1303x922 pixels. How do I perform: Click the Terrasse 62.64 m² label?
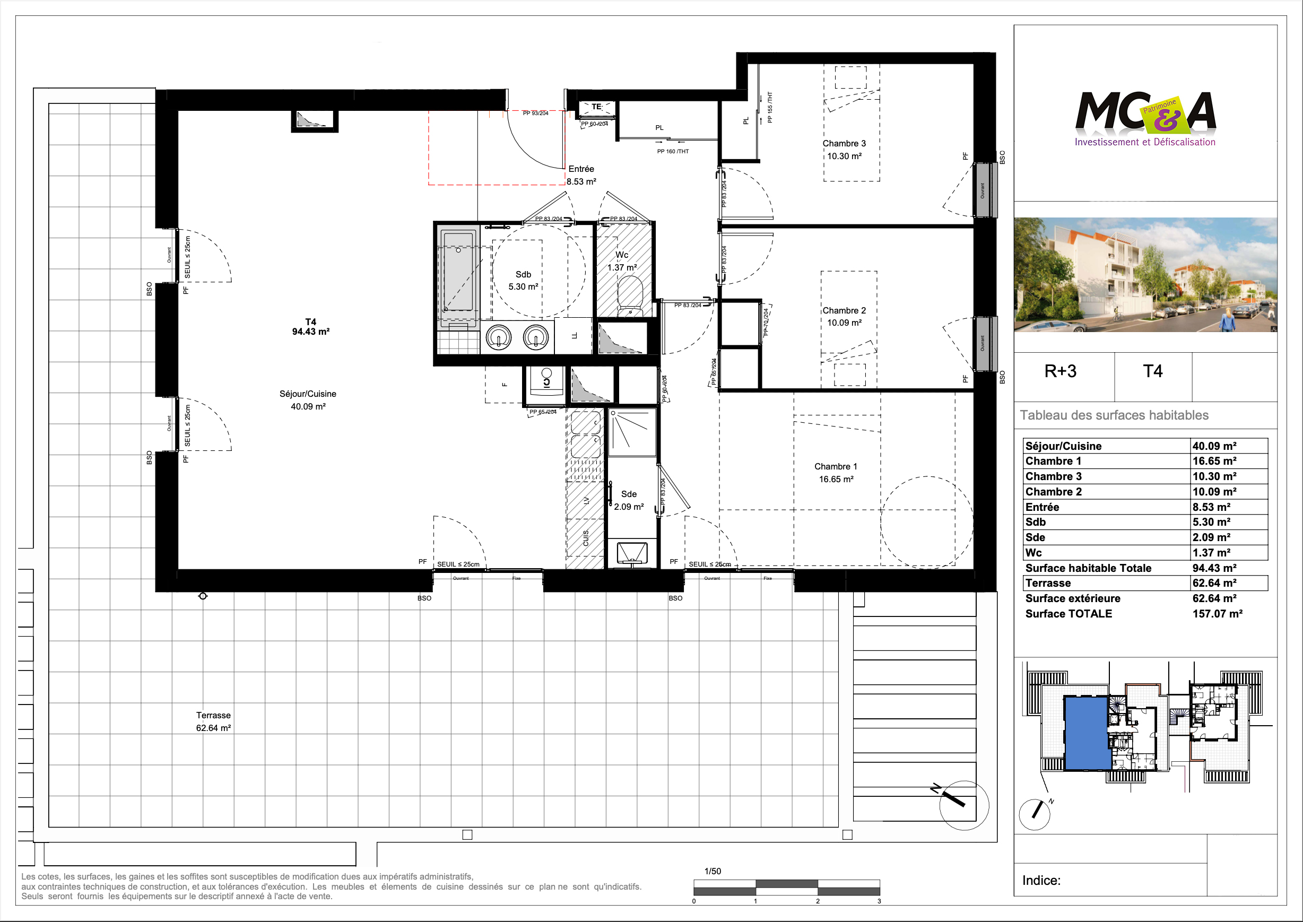point(213,721)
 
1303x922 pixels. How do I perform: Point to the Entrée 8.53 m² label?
point(581,176)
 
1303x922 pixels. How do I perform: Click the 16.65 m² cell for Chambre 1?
point(1214,461)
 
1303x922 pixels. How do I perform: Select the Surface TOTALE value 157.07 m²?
point(1217,614)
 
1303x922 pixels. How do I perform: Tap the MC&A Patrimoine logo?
point(1144,118)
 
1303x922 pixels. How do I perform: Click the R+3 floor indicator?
point(1060,371)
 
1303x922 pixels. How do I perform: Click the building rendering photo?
point(1144,275)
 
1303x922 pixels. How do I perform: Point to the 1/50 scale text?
point(713,871)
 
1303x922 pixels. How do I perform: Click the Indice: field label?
point(1041,880)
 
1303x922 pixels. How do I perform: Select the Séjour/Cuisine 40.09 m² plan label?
point(308,400)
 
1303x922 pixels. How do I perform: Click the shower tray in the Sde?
point(632,432)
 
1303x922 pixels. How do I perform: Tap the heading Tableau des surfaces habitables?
point(1114,415)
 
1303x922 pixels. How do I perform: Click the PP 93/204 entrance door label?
point(535,114)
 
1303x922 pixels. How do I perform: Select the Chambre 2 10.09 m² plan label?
point(844,317)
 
